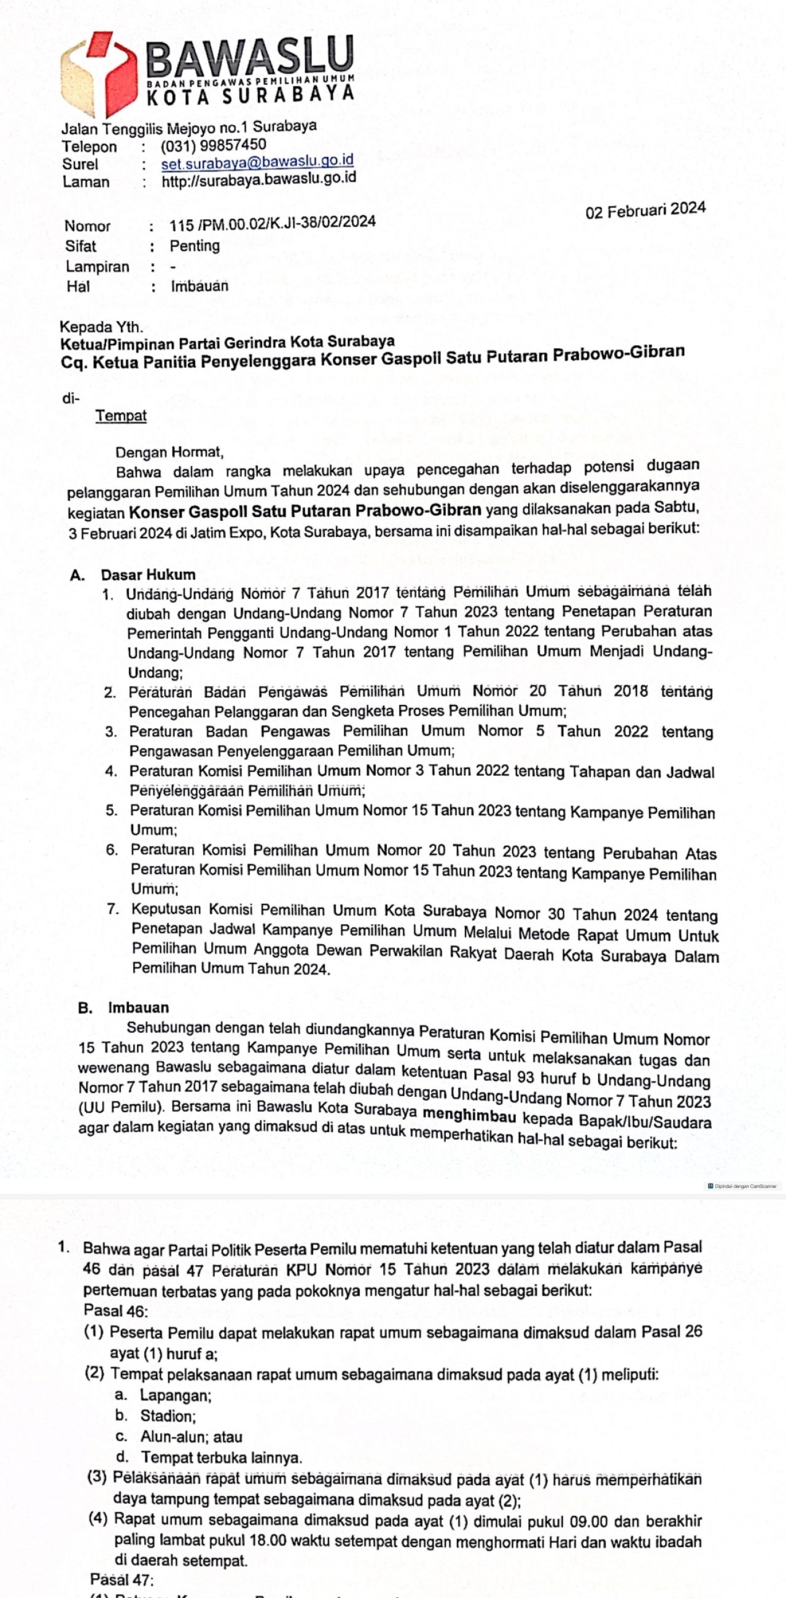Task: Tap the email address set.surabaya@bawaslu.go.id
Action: tap(257, 162)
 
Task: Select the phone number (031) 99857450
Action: tap(214, 145)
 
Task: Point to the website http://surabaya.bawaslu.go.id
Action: tap(259, 180)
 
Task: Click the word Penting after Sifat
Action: tap(195, 246)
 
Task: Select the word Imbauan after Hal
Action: tap(199, 286)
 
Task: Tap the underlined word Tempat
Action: tap(121, 416)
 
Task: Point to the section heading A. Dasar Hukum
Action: tap(133, 575)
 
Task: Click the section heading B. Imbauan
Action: tap(123, 1007)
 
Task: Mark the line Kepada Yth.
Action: tap(101, 326)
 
